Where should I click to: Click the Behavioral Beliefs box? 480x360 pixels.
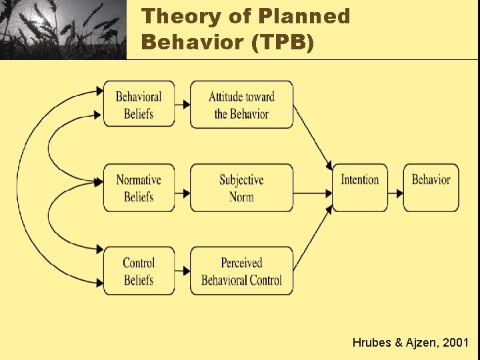point(139,105)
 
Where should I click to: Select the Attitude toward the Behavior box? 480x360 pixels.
point(241,105)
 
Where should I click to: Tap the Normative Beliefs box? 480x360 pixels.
point(139,188)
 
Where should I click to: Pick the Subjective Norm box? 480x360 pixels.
point(241,188)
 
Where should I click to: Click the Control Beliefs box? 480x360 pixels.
point(139,271)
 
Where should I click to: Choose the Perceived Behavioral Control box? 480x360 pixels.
point(241,271)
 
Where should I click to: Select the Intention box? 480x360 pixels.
point(360,188)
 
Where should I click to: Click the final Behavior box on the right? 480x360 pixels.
point(431,188)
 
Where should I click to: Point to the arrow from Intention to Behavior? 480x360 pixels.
point(395,193)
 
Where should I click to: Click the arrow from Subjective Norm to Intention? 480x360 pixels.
point(313,193)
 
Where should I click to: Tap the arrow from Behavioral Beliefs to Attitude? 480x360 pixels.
point(183,105)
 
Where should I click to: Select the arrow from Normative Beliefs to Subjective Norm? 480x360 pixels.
point(183,193)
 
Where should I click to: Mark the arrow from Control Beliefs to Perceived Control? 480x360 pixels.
point(183,271)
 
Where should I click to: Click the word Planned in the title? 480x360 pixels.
point(307,16)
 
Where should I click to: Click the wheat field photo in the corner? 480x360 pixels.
point(63,29)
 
